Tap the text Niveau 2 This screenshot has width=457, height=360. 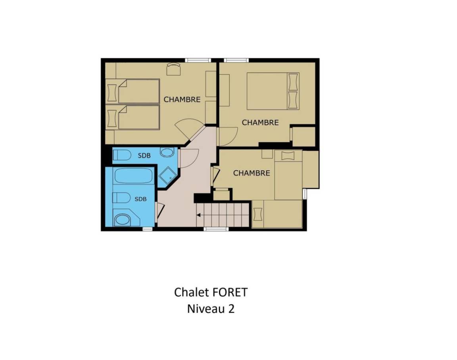211,309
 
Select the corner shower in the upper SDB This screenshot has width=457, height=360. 167,176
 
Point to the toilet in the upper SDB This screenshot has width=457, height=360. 122,154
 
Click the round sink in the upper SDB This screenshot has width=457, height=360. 167,152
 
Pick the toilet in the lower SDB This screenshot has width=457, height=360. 121,198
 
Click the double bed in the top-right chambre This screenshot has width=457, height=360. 273,91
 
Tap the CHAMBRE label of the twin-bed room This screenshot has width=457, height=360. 182,100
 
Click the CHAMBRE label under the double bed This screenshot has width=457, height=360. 260,122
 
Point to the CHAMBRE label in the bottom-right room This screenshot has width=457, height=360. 252,173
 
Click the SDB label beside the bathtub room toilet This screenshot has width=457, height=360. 140,199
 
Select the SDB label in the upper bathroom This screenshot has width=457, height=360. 144,156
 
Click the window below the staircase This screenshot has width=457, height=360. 215,229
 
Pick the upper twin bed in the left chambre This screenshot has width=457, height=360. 139,91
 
